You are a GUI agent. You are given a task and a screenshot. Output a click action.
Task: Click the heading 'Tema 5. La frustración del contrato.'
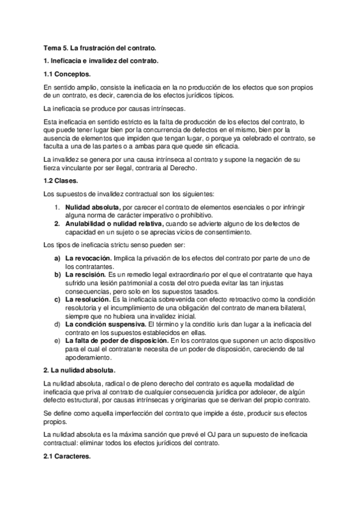(x=99, y=47)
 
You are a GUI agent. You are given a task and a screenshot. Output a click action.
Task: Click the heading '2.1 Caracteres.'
(x=67, y=457)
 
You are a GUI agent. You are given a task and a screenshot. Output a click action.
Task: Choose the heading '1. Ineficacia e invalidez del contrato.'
(x=100, y=61)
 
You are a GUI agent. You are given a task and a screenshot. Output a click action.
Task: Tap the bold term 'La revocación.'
(x=88, y=258)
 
